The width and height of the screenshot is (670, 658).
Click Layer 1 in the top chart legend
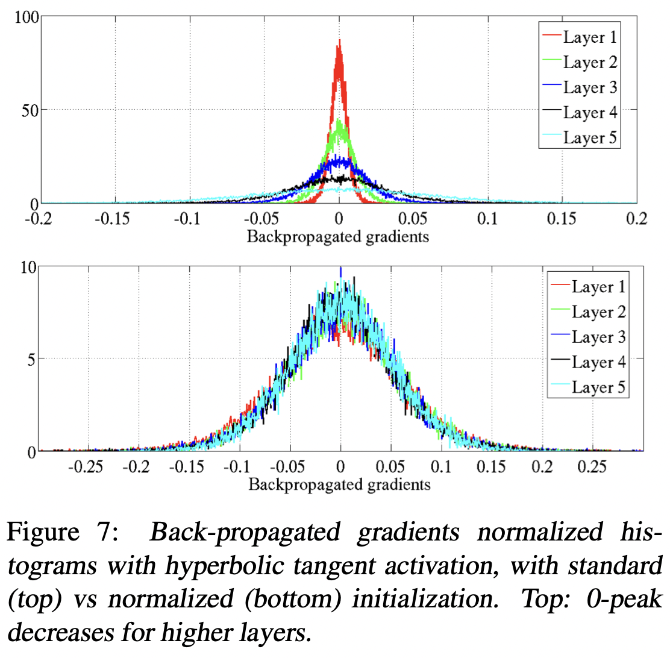[x=590, y=37]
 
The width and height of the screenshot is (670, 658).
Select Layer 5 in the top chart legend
[x=590, y=137]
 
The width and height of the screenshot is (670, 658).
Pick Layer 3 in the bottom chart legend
[x=598, y=337]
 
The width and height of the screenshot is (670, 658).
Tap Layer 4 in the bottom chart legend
[x=598, y=362]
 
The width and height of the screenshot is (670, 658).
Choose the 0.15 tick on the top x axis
[x=560, y=219]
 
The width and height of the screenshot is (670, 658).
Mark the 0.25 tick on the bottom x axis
[x=593, y=468]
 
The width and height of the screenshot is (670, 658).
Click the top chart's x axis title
[x=338, y=236]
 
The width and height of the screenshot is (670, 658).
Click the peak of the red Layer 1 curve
[x=339, y=41]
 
